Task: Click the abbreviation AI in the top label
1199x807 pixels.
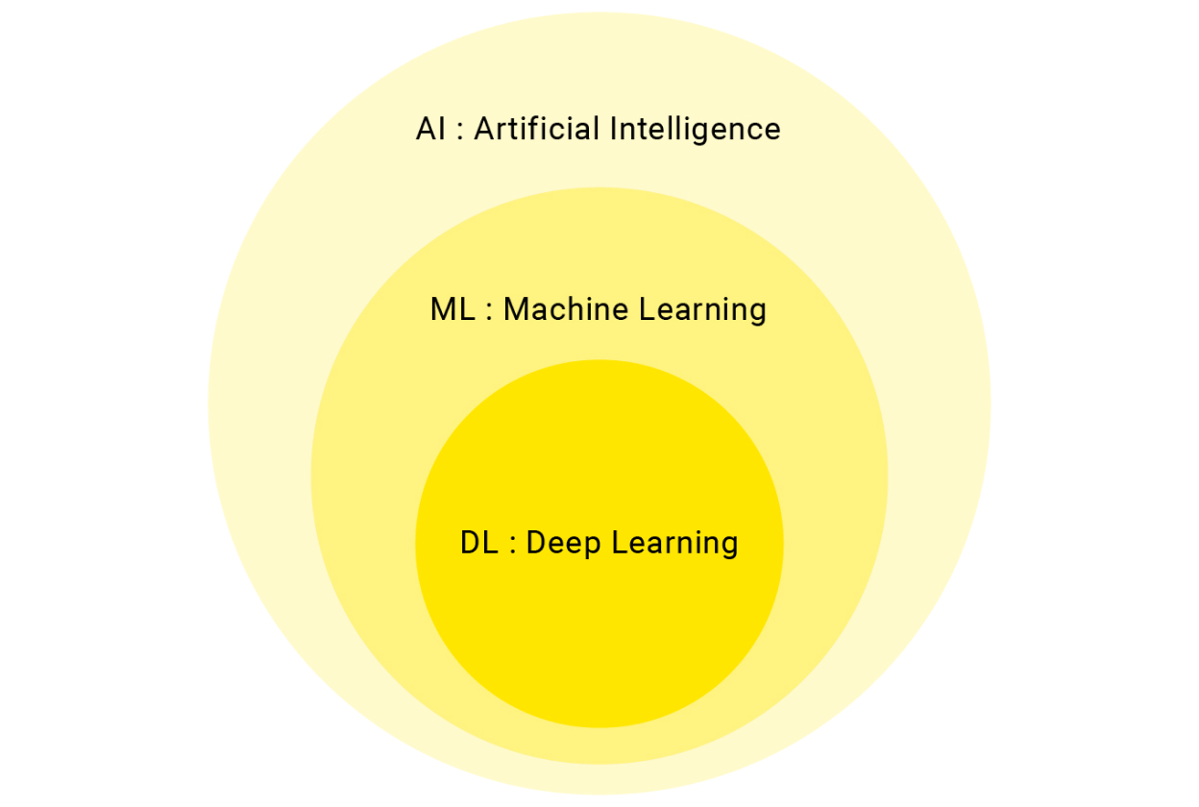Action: click(x=430, y=129)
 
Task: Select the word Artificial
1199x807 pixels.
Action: click(x=536, y=129)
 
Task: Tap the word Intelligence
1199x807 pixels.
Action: click(x=696, y=130)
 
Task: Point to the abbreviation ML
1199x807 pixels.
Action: click(x=453, y=309)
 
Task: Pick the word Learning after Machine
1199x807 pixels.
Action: click(x=703, y=310)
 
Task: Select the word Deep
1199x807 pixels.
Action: click(x=564, y=544)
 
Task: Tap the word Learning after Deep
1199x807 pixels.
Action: click(x=675, y=544)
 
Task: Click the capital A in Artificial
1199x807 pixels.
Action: click(x=484, y=129)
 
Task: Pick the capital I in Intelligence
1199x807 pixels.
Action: click(x=613, y=129)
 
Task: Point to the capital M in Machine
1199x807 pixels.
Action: click(x=518, y=309)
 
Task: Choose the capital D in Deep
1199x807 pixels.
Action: click(x=537, y=543)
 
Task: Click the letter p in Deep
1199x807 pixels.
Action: click(x=593, y=549)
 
